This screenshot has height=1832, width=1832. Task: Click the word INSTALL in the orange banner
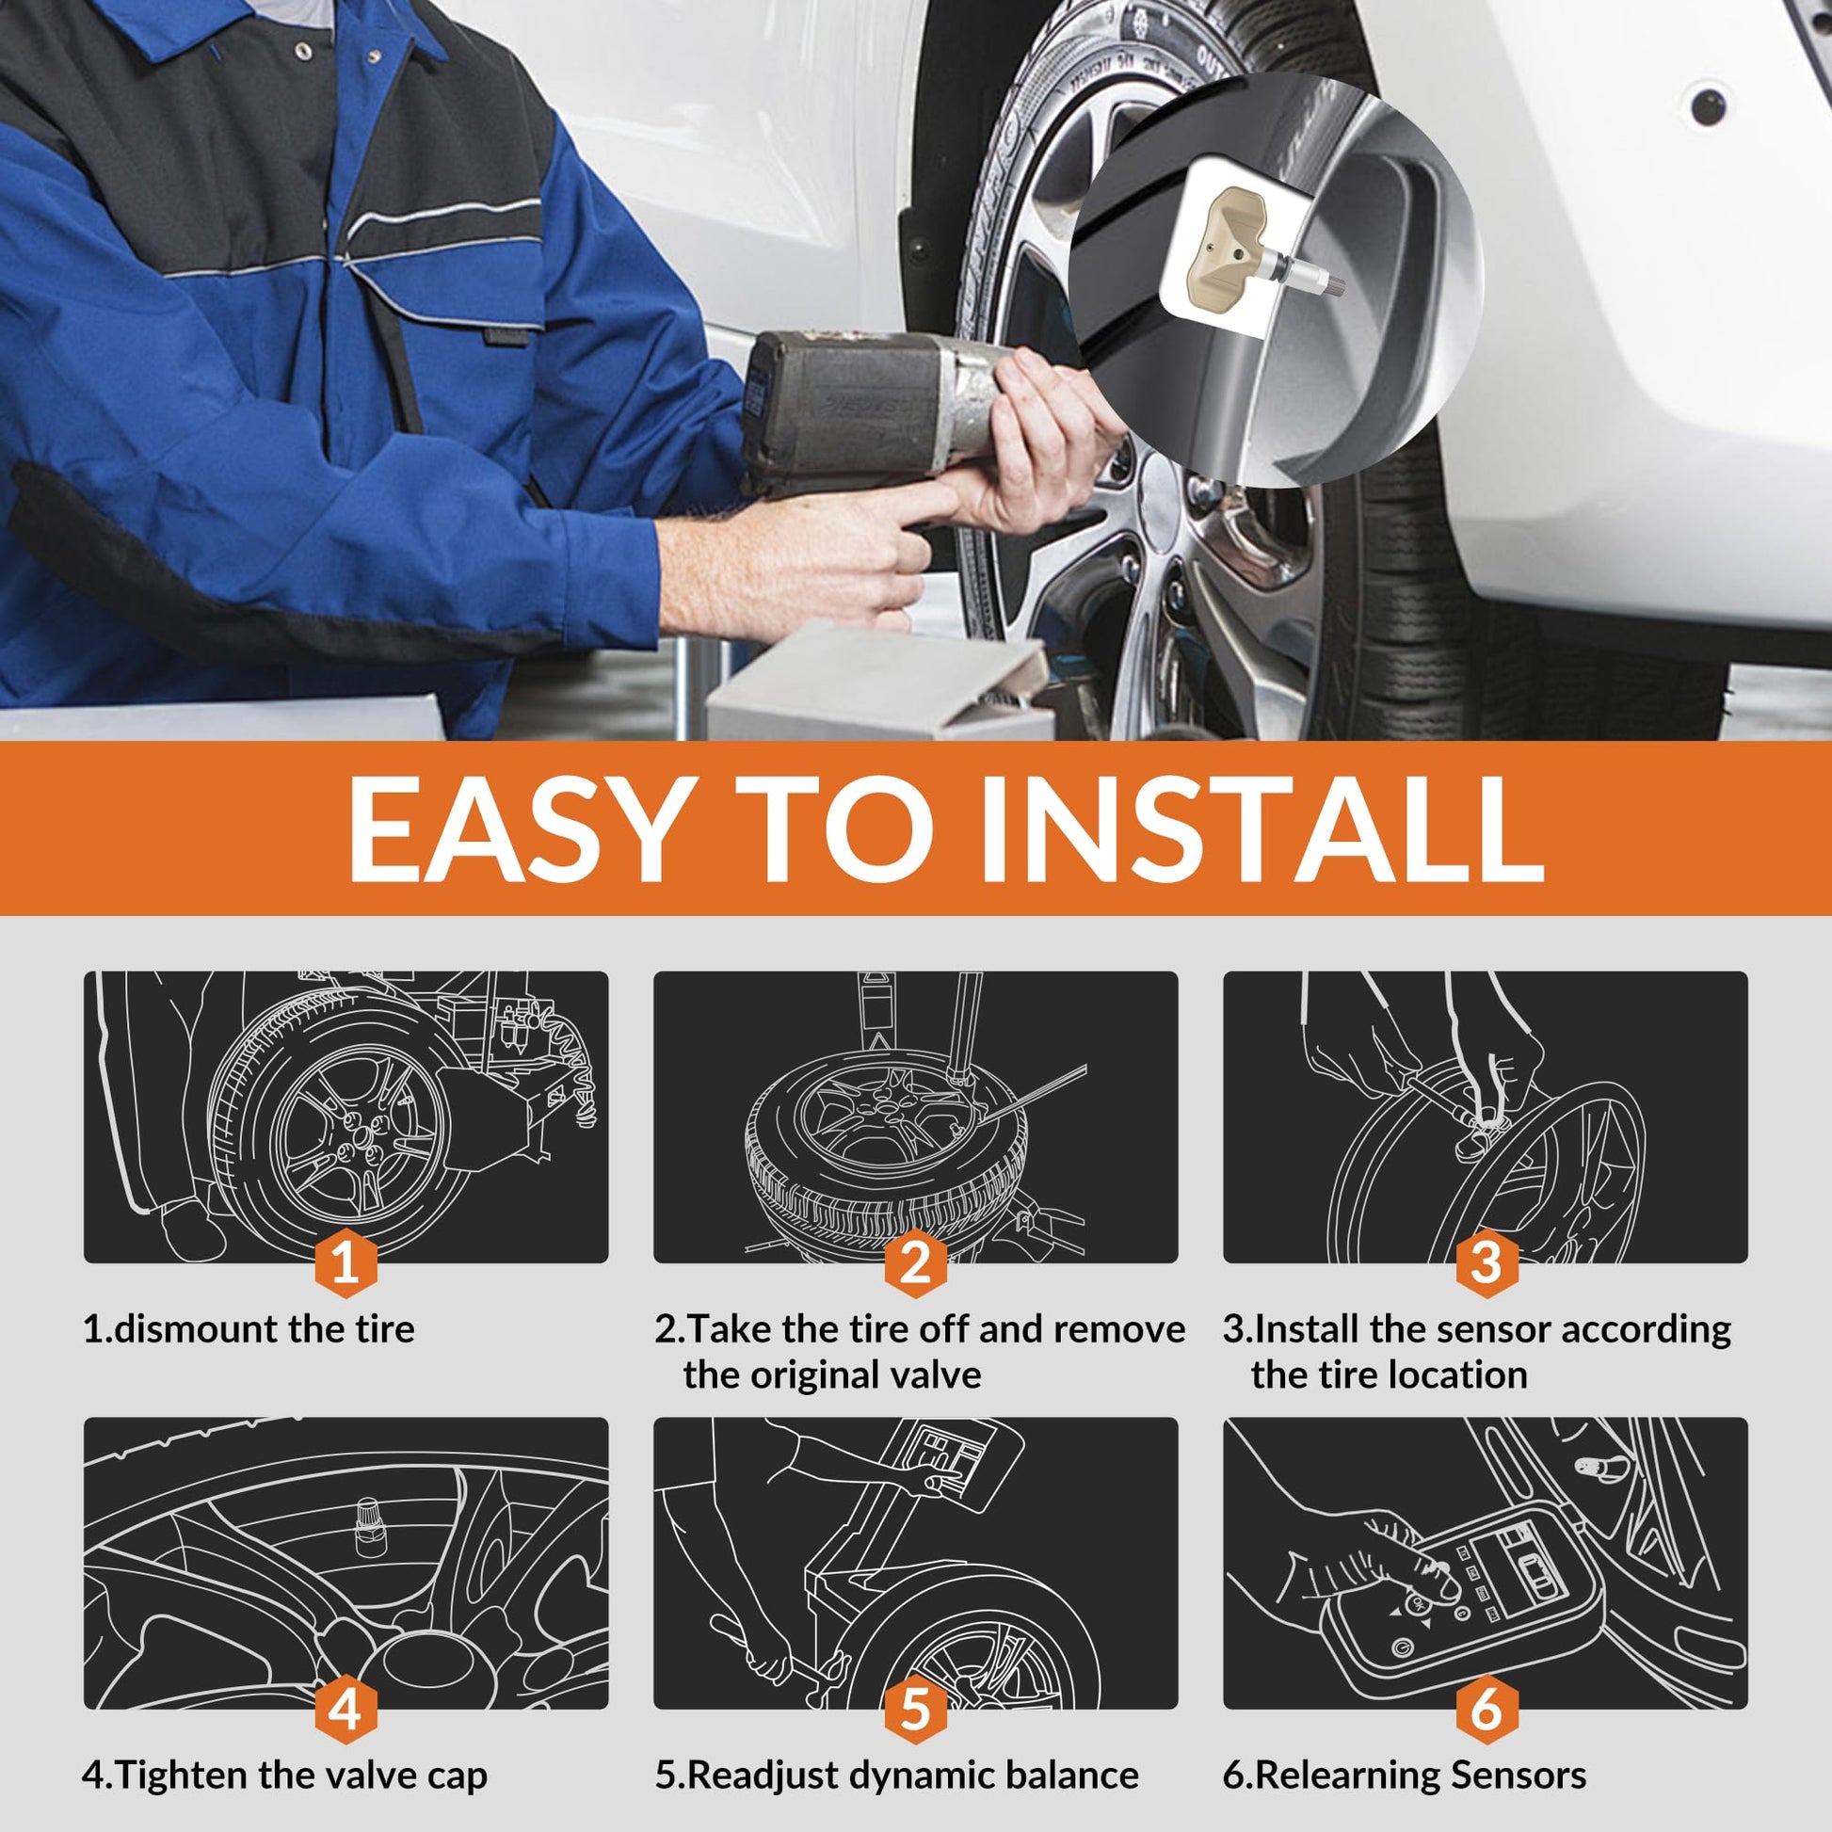tap(1262, 828)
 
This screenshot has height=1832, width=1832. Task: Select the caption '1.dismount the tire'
tap(249, 1328)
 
